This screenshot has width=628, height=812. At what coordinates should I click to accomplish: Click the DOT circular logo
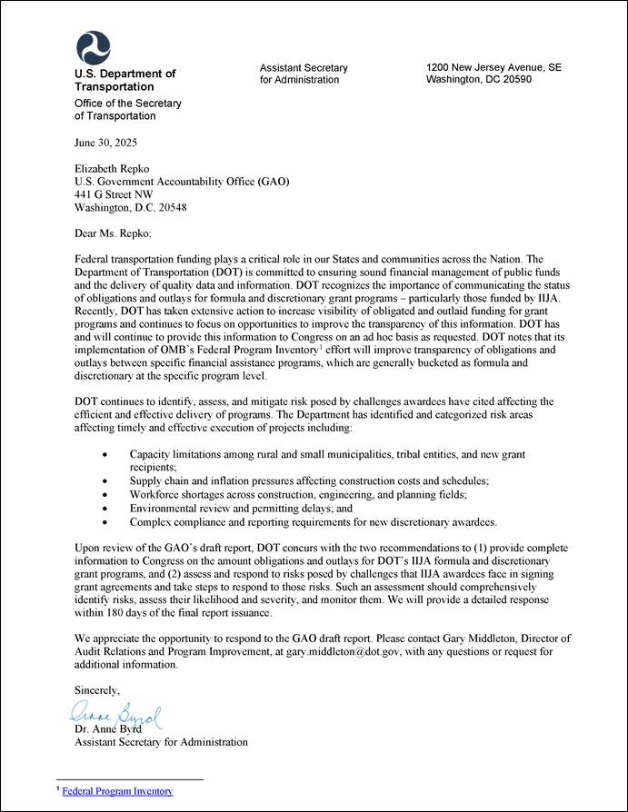click(93, 46)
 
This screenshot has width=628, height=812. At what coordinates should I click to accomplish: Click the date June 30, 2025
click(106, 144)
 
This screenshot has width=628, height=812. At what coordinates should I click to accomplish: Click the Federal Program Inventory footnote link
click(117, 791)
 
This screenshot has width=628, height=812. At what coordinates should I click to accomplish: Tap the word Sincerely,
click(97, 691)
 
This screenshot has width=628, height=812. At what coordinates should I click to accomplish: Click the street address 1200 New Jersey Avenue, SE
click(493, 67)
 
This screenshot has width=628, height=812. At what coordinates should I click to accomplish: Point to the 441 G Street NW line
click(114, 193)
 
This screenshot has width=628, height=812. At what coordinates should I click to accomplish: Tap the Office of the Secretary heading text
click(127, 110)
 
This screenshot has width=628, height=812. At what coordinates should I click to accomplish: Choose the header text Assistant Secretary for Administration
click(304, 74)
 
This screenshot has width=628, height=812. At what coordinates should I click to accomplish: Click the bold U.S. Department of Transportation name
click(125, 80)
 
